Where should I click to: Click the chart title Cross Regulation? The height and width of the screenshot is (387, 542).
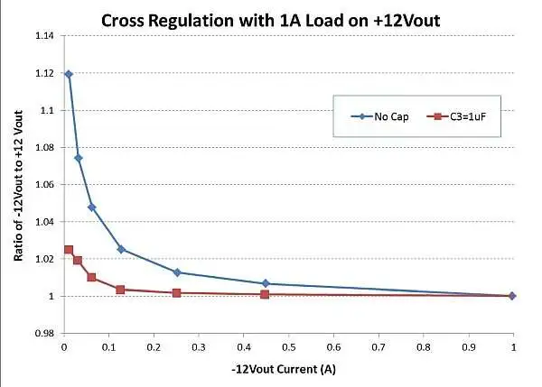[276, 20]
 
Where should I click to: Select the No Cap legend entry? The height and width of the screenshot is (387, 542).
[383, 115]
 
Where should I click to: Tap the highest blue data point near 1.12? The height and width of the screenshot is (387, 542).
[69, 74]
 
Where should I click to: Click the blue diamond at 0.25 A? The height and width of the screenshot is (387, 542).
[177, 272]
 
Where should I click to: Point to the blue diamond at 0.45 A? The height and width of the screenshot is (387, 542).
[265, 283]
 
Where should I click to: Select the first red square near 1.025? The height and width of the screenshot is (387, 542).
[69, 250]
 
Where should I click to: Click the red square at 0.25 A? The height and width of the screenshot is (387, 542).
[177, 292]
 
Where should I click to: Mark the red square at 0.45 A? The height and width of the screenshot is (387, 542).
[265, 294]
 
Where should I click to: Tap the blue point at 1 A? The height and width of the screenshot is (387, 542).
[512, 296]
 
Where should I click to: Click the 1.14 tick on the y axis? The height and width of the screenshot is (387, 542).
[43, 36]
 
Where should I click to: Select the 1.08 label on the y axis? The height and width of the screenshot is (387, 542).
[43, 148]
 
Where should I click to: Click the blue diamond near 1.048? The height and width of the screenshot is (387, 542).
[92, 207]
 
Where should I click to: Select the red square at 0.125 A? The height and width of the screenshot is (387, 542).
[120, 290]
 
